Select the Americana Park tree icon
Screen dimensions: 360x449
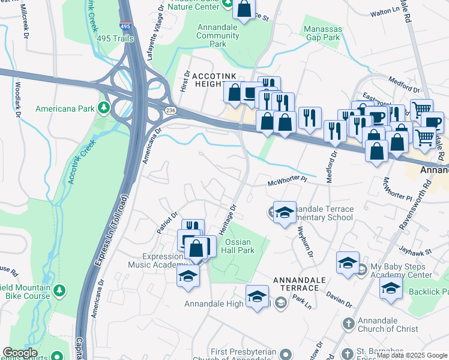(104, 108)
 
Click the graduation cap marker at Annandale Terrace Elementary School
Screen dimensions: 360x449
(285, 212)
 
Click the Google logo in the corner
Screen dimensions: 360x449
(20, 353)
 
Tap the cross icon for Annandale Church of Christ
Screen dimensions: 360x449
(348, 324)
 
